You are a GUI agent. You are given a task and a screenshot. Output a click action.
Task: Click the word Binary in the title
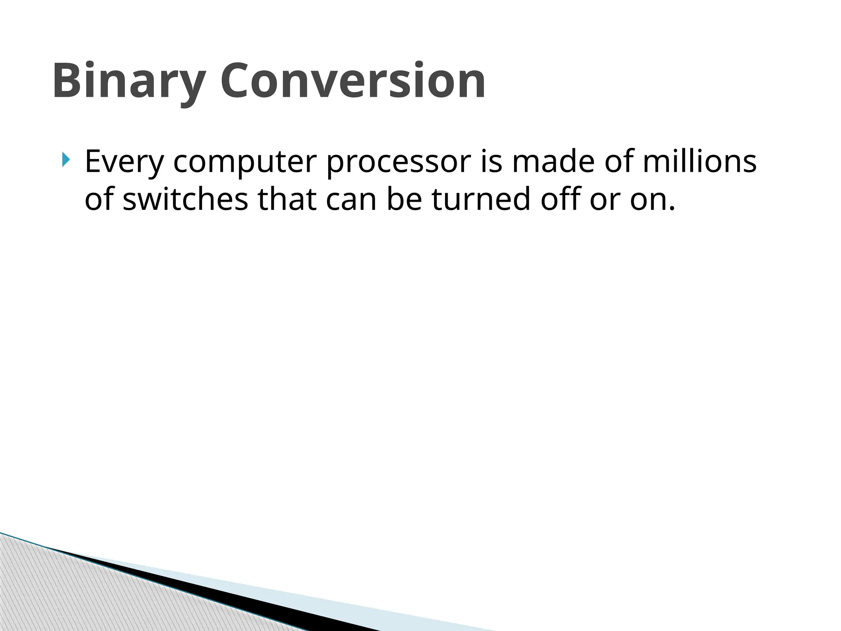(129, 81)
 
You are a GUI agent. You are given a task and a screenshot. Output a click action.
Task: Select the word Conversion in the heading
(353, 81)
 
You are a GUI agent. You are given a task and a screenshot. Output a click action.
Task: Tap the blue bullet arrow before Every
(66, 159)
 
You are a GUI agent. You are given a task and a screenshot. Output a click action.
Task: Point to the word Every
(124, 162)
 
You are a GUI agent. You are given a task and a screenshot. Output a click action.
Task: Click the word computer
(245, 162)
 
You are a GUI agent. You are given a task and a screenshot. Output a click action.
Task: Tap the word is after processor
(491, 161)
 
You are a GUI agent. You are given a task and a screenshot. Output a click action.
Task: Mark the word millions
(699, 161)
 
